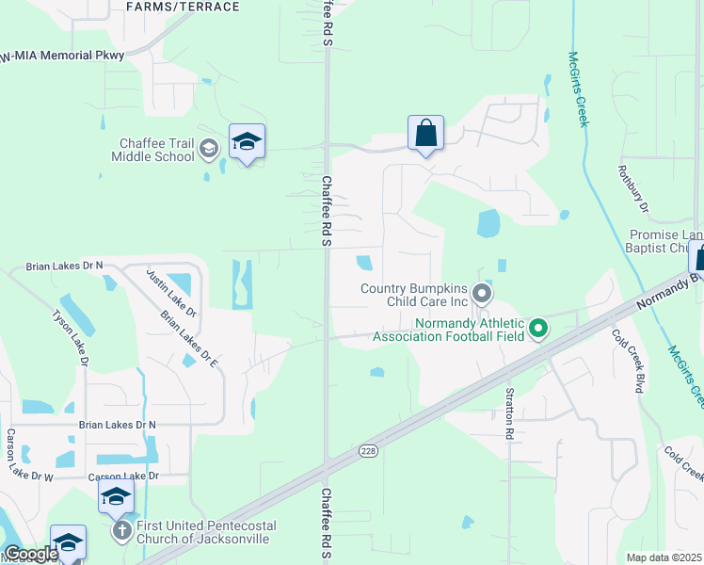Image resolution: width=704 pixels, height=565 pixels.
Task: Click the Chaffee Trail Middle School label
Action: (156, 150)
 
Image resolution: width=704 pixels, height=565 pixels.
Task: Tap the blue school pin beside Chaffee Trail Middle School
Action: (247, 142)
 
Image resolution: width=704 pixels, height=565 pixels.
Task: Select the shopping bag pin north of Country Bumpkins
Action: (425, 133)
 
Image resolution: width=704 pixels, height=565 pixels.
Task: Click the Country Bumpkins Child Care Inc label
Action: (414, 295)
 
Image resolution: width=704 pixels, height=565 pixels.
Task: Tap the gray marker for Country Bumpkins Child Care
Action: (481, 294)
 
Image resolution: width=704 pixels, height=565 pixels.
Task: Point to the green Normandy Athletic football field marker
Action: (538, 329)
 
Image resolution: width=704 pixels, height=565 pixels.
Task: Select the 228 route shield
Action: (368, 452)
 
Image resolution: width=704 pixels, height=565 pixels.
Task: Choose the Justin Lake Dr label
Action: (170, 292)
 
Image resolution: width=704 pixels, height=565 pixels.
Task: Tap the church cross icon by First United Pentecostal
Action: (121, 531)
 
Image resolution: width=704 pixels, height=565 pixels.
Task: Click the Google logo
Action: (30, 554)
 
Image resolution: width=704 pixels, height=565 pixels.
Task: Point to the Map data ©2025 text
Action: (664, 557)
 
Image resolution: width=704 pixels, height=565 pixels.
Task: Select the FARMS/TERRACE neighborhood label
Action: (183, 7)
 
